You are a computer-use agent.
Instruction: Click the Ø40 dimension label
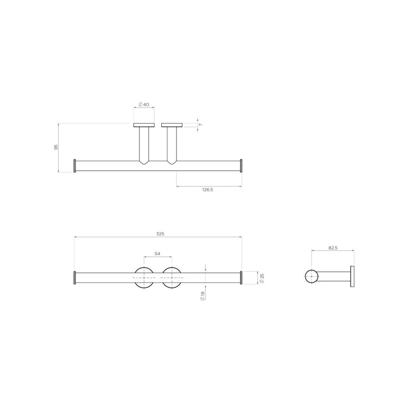(x=144, y=104)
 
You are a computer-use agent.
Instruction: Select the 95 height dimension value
(x=56, y=147)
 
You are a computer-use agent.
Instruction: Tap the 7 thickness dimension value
(x=201, y=125)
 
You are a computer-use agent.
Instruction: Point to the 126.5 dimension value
(x=208, y=190)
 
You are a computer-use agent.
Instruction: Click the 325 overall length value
(x=160, y=234)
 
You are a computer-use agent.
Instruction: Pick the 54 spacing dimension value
(x=158, y=254)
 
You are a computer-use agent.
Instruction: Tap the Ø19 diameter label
(x=202, y=296)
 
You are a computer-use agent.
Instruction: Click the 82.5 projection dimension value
(x=333, y=248)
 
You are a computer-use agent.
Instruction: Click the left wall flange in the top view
(x=144, y=125)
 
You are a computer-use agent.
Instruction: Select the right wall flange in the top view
(x=172, y=125)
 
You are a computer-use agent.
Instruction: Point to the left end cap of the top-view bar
(x=75, y=165)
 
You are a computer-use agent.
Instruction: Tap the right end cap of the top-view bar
(x=241, y=165)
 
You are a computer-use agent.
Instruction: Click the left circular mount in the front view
(x=144, y=277)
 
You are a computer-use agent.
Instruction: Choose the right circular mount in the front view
(x=172, y=277)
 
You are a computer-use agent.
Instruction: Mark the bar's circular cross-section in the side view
(x=311, y=277)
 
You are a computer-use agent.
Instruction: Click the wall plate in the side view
(x=352, y=277)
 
